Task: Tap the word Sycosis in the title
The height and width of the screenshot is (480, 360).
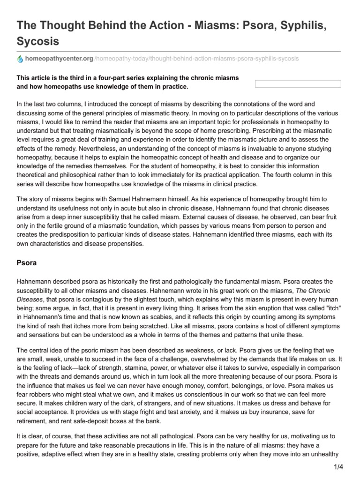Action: click(38, 41)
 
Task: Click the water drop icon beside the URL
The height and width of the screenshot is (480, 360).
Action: click(19, 59)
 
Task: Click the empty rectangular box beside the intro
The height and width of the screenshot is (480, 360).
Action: click(297, 84)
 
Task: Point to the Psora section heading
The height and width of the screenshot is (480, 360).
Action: click(27, 263)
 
